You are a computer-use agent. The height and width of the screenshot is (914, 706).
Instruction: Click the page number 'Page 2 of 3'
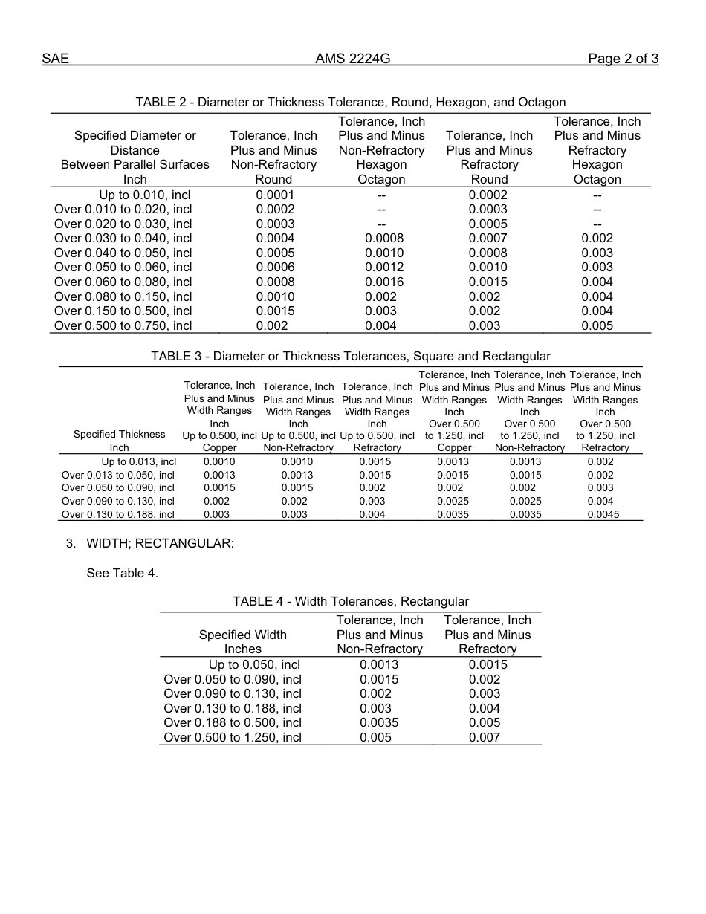pyautogui.click(x=623, y=59)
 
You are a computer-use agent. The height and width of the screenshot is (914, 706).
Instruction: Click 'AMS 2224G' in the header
pyautogui.click(x=352, y=59)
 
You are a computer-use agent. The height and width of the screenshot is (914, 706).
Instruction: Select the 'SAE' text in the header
pyautogui.click(x=55, y=59)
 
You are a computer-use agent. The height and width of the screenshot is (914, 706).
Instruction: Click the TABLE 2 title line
pyautogui.click(x=351, y=102)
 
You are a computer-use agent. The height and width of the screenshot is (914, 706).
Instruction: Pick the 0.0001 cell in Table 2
pyautogui.click(x=275, y=195)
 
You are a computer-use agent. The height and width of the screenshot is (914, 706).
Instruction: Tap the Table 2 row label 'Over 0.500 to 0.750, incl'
pyautogui.click(x=123, y=325)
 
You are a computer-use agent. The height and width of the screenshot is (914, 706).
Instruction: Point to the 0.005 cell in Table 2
pyautogui.click(x=597, y=325)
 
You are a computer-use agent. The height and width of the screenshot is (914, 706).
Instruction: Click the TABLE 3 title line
pyautogui.click(x=351, y=356)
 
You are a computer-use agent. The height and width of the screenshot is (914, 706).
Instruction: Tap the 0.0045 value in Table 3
pyautogui.click(x=605, y=514)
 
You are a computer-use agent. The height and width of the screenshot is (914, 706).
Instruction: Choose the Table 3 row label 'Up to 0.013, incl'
pyautogui.click(x=138, y=461)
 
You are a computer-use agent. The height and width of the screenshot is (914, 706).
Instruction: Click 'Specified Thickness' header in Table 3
pyautogui.click(x=119, y=434)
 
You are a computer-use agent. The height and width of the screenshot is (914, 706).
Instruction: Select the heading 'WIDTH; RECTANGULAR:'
pyautogui.click(x=160, y=543)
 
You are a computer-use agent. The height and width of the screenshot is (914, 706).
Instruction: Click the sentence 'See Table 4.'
pyautogui.click(x=122, y=573)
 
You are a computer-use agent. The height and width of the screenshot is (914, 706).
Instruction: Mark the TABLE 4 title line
pyautogui.click(x=351, y=601)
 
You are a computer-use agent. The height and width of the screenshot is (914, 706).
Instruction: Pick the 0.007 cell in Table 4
pyautogui.click(x=485, y=737)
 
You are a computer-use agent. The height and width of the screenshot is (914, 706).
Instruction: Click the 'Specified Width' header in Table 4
pyautogui.click(x=242, y=635)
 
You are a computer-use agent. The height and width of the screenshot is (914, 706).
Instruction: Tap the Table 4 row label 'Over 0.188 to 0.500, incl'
pyautogui.click(x=233, y=722)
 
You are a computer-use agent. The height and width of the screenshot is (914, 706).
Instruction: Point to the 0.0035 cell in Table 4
pyautogui.click(x=379, y=722)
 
